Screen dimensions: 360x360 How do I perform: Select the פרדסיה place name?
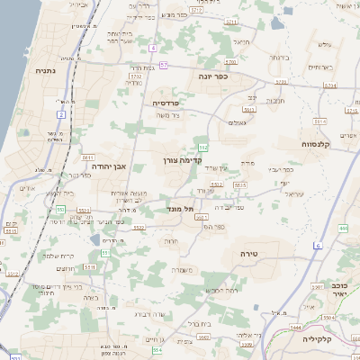pos(166,103)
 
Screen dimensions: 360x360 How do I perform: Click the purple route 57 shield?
pos(164,65)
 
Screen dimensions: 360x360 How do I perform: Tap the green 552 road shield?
pos(203,147)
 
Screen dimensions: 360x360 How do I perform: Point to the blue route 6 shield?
pos(318,245)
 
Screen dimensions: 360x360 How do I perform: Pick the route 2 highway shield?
pos(61,114)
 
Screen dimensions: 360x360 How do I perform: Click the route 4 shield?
pos(154,48)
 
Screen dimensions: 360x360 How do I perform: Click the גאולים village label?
pos(237,122)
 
